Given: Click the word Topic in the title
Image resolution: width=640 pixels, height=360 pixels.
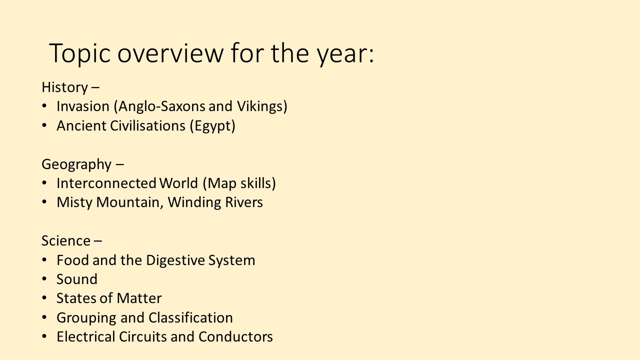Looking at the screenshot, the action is click(x=79, y=53).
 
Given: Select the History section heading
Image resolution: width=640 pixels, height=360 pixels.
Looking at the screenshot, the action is click(x=65, y=87).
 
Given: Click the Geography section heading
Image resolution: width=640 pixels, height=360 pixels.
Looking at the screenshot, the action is click(x=76, y=164).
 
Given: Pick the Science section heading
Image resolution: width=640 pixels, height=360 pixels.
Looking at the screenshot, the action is click(x=66, y=240).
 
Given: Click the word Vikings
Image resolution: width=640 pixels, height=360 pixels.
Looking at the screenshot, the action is click(x=260, y=106).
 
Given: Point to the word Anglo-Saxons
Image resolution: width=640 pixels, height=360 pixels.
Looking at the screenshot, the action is click(x=161, y=106).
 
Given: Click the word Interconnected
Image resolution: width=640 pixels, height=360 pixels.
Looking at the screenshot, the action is click(x=106, y=183).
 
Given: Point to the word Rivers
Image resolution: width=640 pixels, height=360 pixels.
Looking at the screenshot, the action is click(x=243, y=202).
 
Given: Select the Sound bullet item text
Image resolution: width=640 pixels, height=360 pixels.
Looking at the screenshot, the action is click(x=77, y=279).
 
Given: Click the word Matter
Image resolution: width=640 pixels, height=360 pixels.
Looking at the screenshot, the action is click(x=139, y=298).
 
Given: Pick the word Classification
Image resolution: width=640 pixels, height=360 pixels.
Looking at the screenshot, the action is click(x=190, y=317).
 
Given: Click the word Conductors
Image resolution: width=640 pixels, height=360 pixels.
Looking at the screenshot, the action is click(x=235, y=336).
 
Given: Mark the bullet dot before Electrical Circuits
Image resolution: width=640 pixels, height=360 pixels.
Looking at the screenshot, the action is click(x=44, y=336).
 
